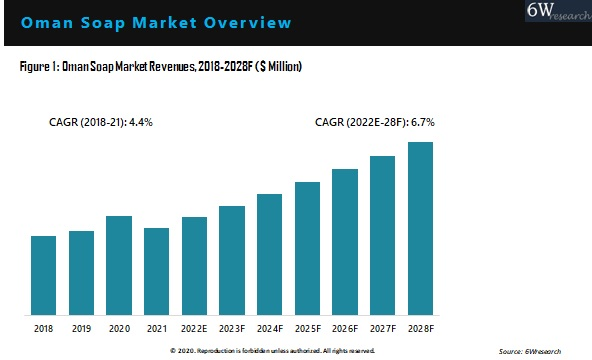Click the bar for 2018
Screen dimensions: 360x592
(x=44, y=274)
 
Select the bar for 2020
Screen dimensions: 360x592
(x=119, y=264)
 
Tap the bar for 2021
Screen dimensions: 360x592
(x=157, y=270)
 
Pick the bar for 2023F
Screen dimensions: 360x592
(x=232, y=259)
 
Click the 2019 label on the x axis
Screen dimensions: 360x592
(x=81, y=327)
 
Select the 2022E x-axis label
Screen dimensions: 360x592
(x=194, y=327)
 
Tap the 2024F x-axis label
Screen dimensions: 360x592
(x=270, y=327)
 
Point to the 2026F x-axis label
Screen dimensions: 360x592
(x=345, y=327)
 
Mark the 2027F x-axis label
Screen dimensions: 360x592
(x=383, y=327)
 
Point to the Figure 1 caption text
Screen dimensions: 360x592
(x=161, y=66)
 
